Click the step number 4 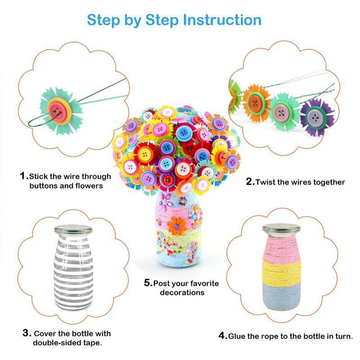pos(222,336)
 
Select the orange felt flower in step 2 pos(256,103)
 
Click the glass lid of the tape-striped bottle pos(73,229)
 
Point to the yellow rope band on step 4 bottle pos(282,272)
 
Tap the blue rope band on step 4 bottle pos(282,296)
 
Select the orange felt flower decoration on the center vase pos(177,226)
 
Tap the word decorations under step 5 pos(182,292)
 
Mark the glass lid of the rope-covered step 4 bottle pos(282,229)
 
